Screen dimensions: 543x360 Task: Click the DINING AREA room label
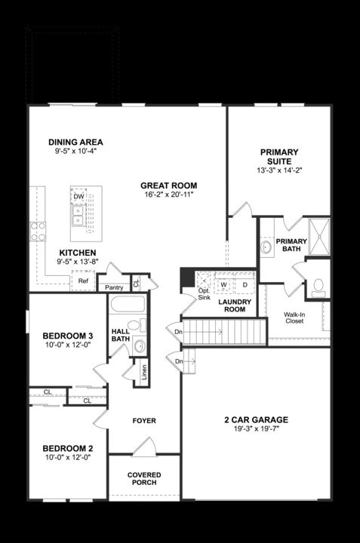[x=75, y=142]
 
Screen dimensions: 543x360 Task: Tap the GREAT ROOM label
[x=168, y=186]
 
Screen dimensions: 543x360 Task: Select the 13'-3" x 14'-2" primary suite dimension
[x=278, y=170]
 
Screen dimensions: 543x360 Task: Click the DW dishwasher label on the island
[x=78, y=197]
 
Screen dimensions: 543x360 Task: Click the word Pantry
[x=114, y=287]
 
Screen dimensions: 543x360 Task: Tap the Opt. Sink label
[x=204, y=293]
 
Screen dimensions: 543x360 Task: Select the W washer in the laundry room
[x=224, y=284]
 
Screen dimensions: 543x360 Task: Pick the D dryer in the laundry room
[x=245, y=284]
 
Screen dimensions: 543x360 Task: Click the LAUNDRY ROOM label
[x=234, y=305]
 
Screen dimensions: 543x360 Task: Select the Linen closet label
[x=143, y=373]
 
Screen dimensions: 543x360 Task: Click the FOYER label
[x=143, y=421]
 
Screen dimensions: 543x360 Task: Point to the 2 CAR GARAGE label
[x=257, y=419]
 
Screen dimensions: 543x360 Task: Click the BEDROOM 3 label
[x=67, y=336]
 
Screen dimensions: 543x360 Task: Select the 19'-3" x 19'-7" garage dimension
[x=257, y=431]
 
